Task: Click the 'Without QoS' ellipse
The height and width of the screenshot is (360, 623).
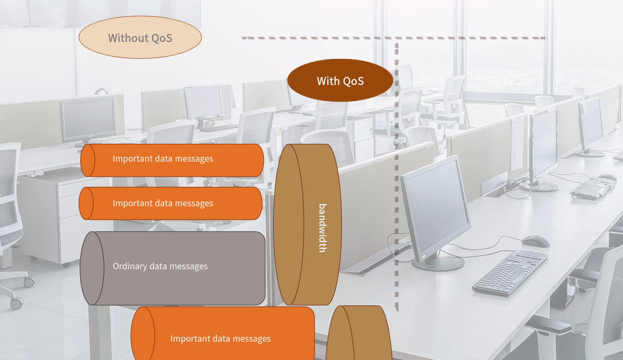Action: pyautogui.click(x=140, y=37)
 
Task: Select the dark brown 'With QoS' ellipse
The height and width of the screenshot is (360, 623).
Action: pyautogui.click(x=340, y=80)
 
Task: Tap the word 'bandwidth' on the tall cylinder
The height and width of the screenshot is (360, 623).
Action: pyautogui.click(x=323, y=228)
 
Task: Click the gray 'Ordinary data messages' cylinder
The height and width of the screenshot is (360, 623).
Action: pyautogui.click(x=173, y=269)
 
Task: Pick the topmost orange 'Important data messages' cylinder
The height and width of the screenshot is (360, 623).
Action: pyautogui.click(x=172, y=160)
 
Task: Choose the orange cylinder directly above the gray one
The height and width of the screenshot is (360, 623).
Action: pyautogui.click(x=170, y=203)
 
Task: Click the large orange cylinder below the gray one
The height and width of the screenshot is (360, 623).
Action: pyautogui.click(x=222, y=333)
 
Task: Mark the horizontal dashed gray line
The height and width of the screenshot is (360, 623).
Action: pyautogui.click(x=393, y=38)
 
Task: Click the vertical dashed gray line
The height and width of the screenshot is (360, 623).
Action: pyautogui.click(x=396, y=177)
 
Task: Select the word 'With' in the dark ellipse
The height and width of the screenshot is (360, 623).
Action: pyautogui.click(x=328, y=81)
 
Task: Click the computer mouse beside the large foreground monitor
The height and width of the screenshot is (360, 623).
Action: pyautogui.click(x=535, y=241)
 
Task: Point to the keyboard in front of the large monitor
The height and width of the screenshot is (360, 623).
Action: pyautogui.click(x=511, y=272)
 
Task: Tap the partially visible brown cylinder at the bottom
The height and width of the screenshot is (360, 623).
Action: pyautogui.click(x=359, y=333)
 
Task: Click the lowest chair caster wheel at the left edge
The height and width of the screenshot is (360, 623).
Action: pyautogui.click(x=16, y=303)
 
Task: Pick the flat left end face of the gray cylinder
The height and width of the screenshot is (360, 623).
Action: pyautogui.click(x=92, y=269)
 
